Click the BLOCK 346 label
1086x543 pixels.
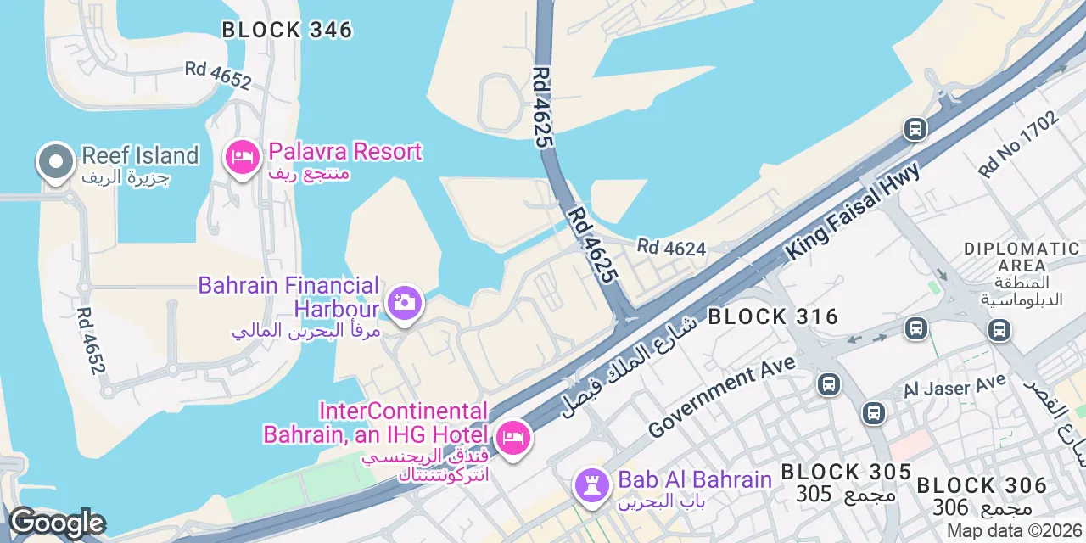287,30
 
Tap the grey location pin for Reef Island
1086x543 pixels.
55,161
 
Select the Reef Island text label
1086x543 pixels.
140,156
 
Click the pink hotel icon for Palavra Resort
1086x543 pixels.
243,157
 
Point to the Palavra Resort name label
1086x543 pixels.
344,153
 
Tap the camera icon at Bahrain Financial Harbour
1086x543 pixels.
405,302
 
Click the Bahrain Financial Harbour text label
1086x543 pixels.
288,296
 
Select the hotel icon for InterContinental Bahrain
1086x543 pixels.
512,438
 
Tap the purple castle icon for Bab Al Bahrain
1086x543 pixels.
591,485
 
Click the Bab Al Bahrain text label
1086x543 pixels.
695,480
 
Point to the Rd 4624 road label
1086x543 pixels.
671,248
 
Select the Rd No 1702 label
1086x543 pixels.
1018,144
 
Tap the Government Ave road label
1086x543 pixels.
721,397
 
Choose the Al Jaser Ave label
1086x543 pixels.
954,386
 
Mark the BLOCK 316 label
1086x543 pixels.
773,317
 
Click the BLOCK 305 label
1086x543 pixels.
846,473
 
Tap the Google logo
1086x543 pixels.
56,523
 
